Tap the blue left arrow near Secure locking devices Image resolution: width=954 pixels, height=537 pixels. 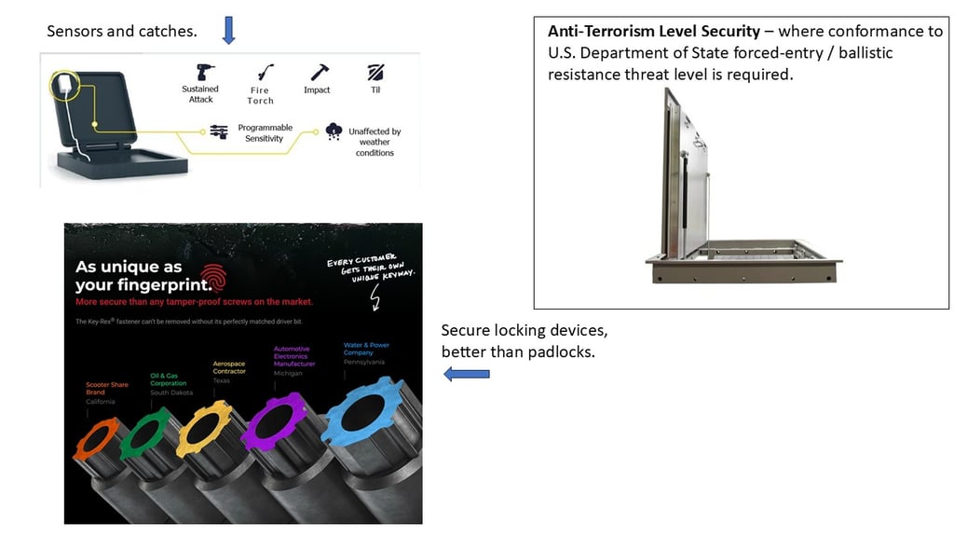click(467, 374)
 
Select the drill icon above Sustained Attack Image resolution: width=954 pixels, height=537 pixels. click(204, 72)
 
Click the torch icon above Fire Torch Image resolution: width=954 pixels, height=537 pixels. click(261, 73)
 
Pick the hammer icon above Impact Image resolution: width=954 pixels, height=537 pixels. click(319, 72)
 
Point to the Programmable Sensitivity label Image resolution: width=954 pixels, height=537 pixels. click(265, 132)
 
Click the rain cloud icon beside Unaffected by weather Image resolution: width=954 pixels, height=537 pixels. click(334, 131)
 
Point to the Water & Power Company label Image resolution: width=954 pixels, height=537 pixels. click(366, 349)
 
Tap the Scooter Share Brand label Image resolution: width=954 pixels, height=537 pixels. click(95, 389)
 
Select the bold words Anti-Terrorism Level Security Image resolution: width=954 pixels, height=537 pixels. click(653, 32)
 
